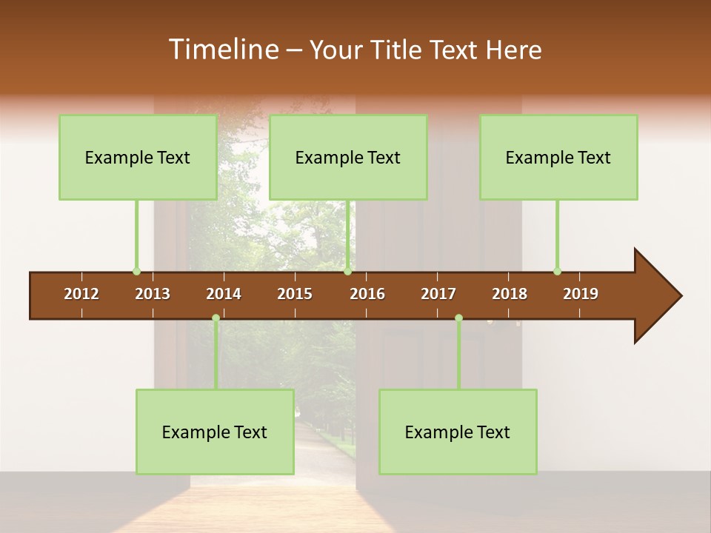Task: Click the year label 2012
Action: (x=81, y=294)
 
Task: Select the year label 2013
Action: (x=153, y=294)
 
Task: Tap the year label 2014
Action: (x=224, y=294)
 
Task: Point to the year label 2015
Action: (x=295, y=294)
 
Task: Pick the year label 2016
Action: (x=367, y=294)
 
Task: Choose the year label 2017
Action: (x=438, y=294)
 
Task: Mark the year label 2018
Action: (x=510, y=294)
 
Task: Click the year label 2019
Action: (x=581, y=294)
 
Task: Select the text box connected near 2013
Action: (x=138, y=157)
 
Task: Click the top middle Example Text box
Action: (x=348, y=157)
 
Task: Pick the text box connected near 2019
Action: (x=558, y=157)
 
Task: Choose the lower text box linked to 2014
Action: (x=215, y=432)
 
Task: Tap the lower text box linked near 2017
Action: (x=458, y=432)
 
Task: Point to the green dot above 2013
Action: (x=136, y=271)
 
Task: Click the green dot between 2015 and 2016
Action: (x=347, y=271)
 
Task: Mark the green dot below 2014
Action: (x=216, y=318)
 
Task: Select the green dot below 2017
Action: (x=458, y=318)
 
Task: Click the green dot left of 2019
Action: (x=557, y=271)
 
